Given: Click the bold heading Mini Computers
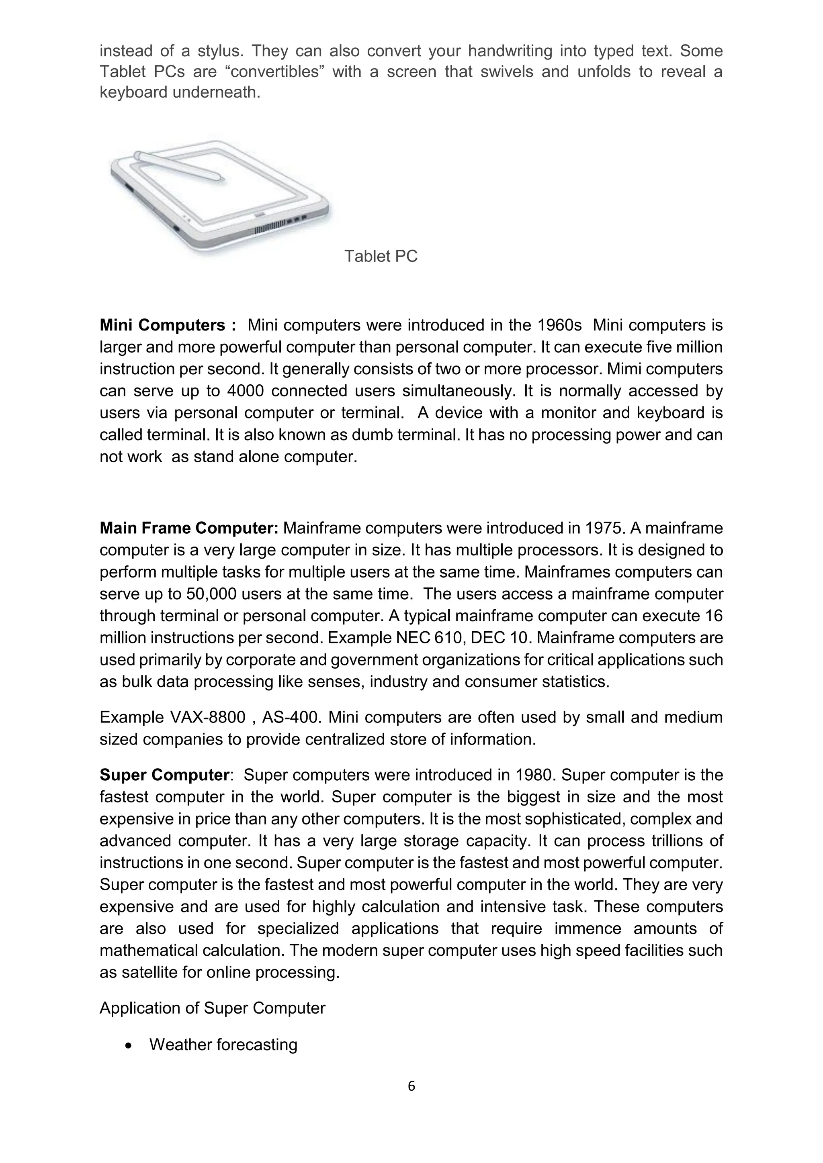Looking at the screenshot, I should click(x=163, y=325).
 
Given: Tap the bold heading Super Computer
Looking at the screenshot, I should click(x=164, y=775).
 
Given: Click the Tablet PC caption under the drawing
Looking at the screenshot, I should click(x=381, y=256).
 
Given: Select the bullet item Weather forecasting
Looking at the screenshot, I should click(x=223, y=1045).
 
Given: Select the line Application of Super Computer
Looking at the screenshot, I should click(x=212, y=1008).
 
